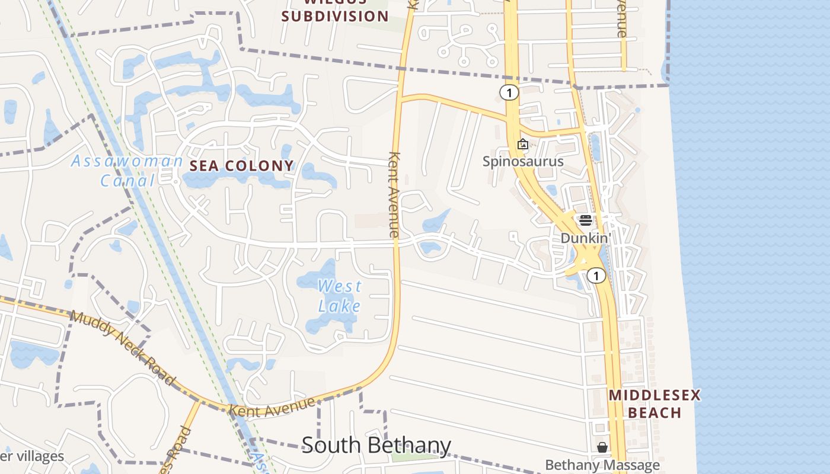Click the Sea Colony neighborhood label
(241, 166)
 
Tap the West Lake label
(339, 296)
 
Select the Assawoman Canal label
(127, 171)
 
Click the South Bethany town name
(376, 445)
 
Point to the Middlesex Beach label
(655, 403)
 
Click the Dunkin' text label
(586, 238)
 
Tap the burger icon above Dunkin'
(586, 221)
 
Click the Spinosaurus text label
(523, 161)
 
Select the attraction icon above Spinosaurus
(523, 144)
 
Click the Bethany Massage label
(602, 465)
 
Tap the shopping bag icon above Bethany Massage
(602, 447)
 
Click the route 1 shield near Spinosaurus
(509, 92)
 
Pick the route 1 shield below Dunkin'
(596, 276)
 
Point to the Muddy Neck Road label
(123, 347)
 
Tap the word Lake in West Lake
(339, 306)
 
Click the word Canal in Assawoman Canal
(127, 180)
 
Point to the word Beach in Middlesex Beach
(655, 412)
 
